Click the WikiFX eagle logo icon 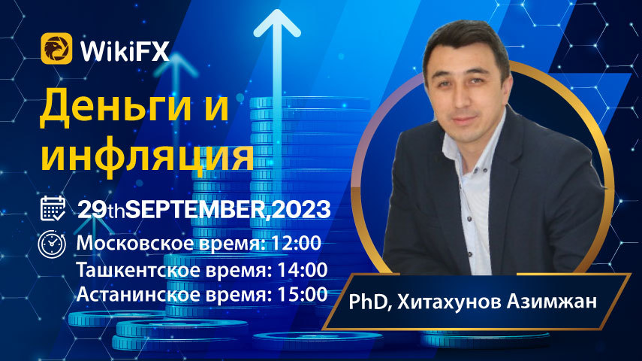[x=56, y=48]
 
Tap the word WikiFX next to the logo [x=125, y=51]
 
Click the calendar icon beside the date [x=53, y=208]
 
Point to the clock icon [x=52, y=244]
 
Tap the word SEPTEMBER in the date [x=196, y=210]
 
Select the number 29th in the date [x=101, y=210]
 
